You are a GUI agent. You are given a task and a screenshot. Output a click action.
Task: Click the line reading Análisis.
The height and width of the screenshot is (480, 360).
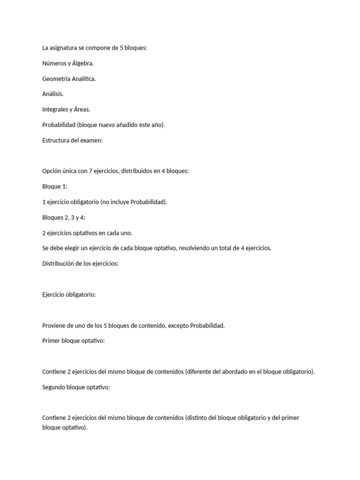[52, 94]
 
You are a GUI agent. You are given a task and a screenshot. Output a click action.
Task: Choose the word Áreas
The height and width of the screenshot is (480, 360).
[82, 110]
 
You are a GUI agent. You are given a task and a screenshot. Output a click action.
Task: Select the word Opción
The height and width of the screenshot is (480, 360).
[52, 171]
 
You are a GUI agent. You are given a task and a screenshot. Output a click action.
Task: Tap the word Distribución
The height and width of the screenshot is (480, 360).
[59, 263]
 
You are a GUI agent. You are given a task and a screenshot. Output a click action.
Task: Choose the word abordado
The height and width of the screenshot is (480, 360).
[222, 372]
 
